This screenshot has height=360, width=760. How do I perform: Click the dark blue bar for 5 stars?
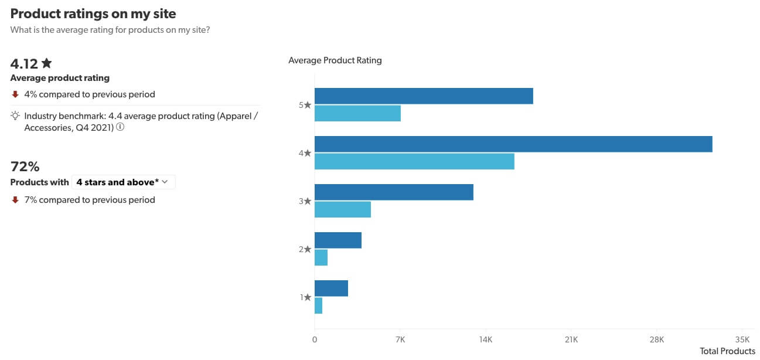424,96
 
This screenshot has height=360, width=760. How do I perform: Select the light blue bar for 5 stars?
357,114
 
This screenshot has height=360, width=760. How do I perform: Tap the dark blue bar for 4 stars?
513,144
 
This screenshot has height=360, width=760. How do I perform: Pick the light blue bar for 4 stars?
414,162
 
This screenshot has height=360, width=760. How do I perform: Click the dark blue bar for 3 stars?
394,192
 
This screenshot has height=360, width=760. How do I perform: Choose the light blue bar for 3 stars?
343,210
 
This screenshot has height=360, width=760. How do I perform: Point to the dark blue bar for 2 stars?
338,240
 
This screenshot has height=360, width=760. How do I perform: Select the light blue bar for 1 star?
318,306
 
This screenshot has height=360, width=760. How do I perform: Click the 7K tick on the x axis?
400,339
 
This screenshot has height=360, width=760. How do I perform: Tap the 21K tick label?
571,339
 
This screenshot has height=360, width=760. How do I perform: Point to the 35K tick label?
742,339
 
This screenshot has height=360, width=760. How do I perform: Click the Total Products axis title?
727,351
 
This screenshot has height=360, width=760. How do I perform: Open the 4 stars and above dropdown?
123,182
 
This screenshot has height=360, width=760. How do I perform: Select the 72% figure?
25,167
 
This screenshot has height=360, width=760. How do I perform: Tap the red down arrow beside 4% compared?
16,94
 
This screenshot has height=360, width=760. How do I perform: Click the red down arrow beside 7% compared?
16,200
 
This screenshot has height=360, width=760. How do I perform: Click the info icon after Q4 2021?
120,127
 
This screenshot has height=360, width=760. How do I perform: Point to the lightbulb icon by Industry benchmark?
16,116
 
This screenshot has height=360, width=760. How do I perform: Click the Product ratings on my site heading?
93,13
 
